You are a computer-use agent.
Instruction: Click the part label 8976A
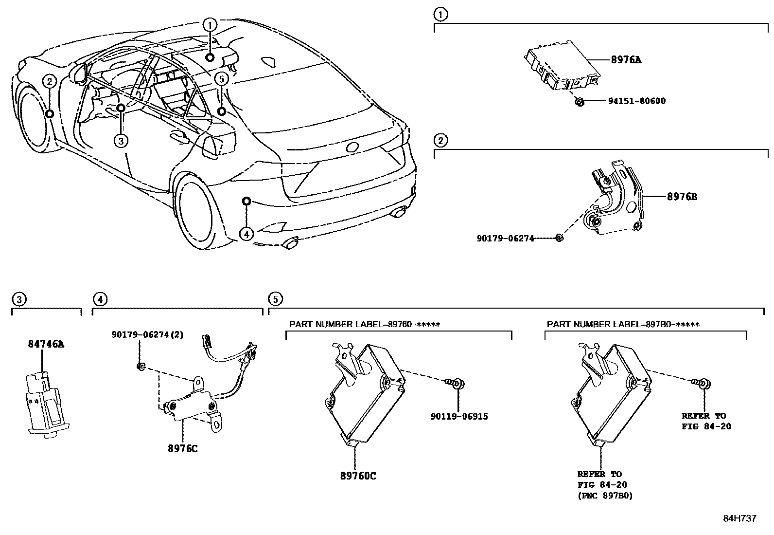coord(626,60)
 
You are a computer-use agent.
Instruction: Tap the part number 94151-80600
coord(636,101)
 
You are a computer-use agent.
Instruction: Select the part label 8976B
coord(682,197)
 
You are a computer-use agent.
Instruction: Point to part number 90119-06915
coord(459,417)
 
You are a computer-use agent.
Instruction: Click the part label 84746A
coord(45,345)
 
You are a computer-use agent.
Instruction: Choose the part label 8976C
coord(183,449)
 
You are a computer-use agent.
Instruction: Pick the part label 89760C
coord(358,476)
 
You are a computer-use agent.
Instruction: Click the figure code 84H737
coord(739,518)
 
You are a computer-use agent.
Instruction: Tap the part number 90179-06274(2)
coord(147,335)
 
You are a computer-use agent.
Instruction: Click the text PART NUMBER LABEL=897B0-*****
coord(623,324)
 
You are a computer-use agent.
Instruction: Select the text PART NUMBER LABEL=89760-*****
coord(365,324)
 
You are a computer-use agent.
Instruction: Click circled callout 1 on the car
coord(210,24)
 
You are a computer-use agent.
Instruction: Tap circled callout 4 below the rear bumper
coord(246,234)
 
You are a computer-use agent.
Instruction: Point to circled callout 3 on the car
coord(121,141)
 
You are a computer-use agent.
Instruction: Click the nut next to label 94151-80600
coord(579,102)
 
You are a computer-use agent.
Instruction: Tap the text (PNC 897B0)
coord(605,496)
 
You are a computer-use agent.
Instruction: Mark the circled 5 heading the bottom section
coord(275,299)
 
